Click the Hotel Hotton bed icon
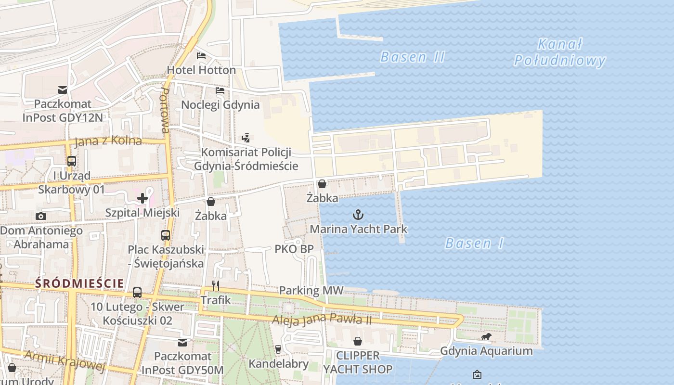coord(201,56)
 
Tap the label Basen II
coord(412,57)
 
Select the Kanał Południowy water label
coord(559,52)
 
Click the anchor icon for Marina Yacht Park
coord(358,215)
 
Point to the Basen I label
coord(474,243)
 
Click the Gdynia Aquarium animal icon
coord(486,337)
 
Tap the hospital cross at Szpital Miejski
coord(143,198)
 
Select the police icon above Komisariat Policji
coord(246,138)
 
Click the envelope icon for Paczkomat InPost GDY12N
coord(62,90)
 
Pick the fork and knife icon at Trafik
coord(216,286)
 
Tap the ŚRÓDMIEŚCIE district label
coord(79,283)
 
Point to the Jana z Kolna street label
coord(108,141)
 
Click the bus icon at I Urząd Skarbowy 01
coord(71,161)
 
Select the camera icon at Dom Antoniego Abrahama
coord(41,217)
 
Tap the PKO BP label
coord(294,249)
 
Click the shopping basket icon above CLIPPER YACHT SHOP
coord(358,341)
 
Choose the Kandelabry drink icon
coord(278,349)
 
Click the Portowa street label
coord(165,110)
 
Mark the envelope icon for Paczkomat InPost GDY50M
coord(182,343)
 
